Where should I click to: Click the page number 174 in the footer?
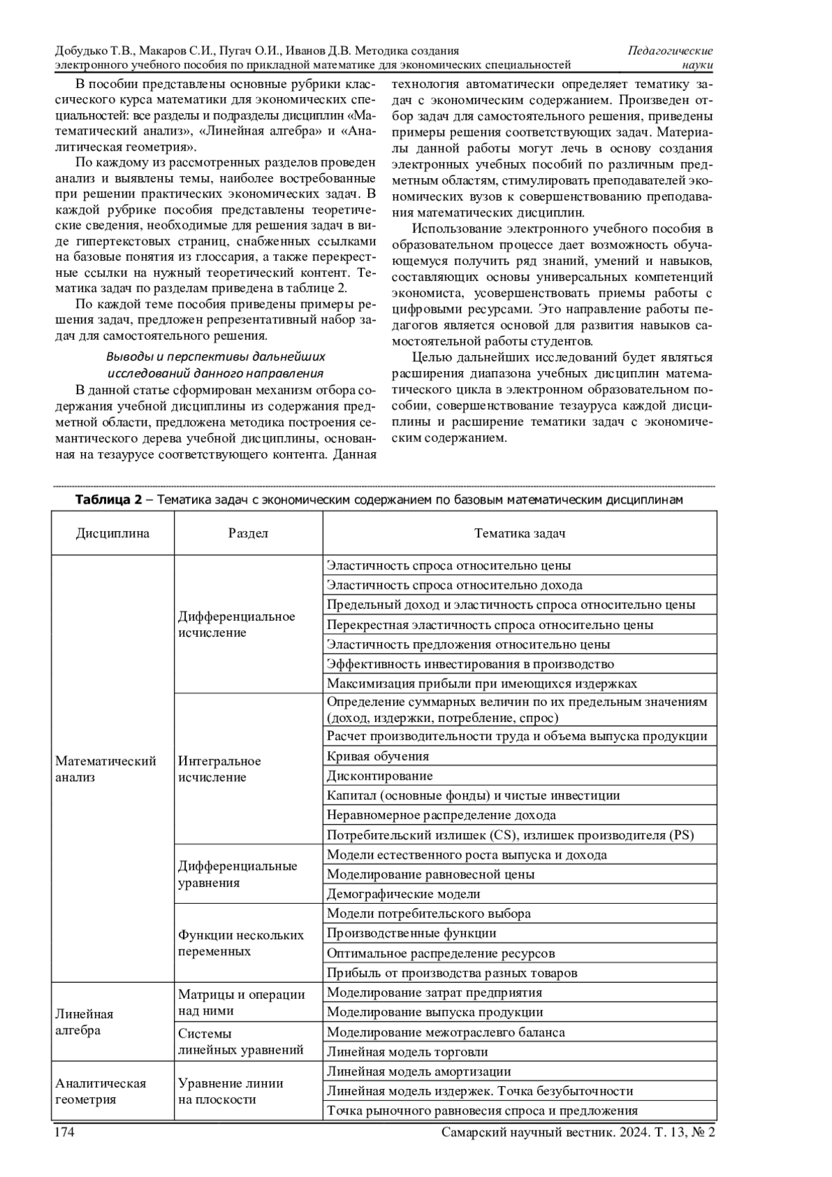pos(64,1132)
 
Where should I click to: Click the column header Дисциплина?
pos(112,533)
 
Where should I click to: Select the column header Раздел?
pos(248,533)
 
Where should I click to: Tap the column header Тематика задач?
pos(519,533)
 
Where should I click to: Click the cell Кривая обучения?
pos(378,756)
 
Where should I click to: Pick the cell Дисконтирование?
pos(380,775)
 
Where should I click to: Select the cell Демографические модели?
pos(404,894)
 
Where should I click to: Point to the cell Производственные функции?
pos(412,934)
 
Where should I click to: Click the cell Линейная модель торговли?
pos(408,1051)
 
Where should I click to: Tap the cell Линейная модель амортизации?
pos(419,1072)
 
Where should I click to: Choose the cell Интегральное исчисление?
pos(220,769)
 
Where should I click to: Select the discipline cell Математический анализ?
pos(105,769)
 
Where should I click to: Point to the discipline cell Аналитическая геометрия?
pos(101,1092)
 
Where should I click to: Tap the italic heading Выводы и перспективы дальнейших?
pos(215,356)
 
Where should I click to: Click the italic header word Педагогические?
pos(670,51)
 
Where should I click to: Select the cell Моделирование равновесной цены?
pos(431,875)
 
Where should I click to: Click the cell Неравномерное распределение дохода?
pos(441,815)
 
